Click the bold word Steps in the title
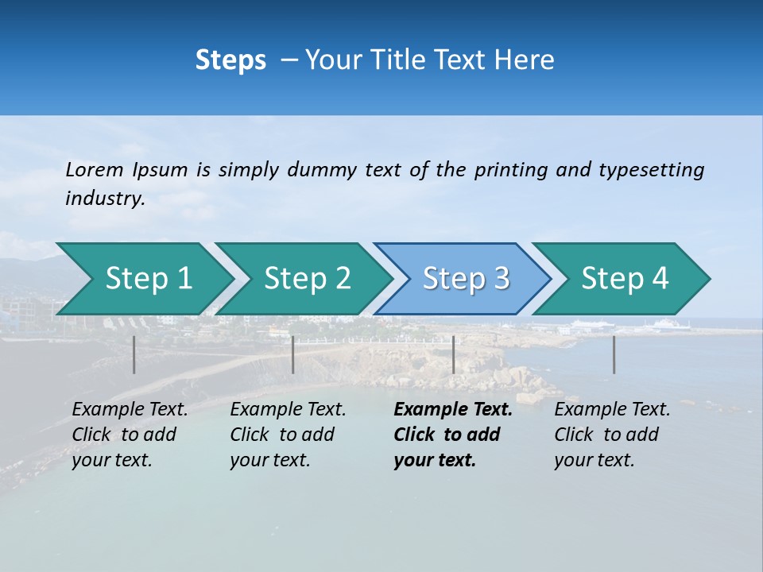pyautogui.click(x=230, y=60)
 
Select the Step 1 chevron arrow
pyautogui.click(x=143, y=279)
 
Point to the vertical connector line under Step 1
pyautogui.click(x=134, y=354)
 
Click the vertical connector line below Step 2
pyautogui.click(x=293, y=354)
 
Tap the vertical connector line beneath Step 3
pyautogui.click(x=453, y=354)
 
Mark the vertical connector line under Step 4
pyautogui.click(x=614, y=354)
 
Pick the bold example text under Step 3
pyautogui.click(x=452, y=435)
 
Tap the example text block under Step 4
pyautogui.click(x=612, y=435)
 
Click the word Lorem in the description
pyautogui.click(x=95, y=170)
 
